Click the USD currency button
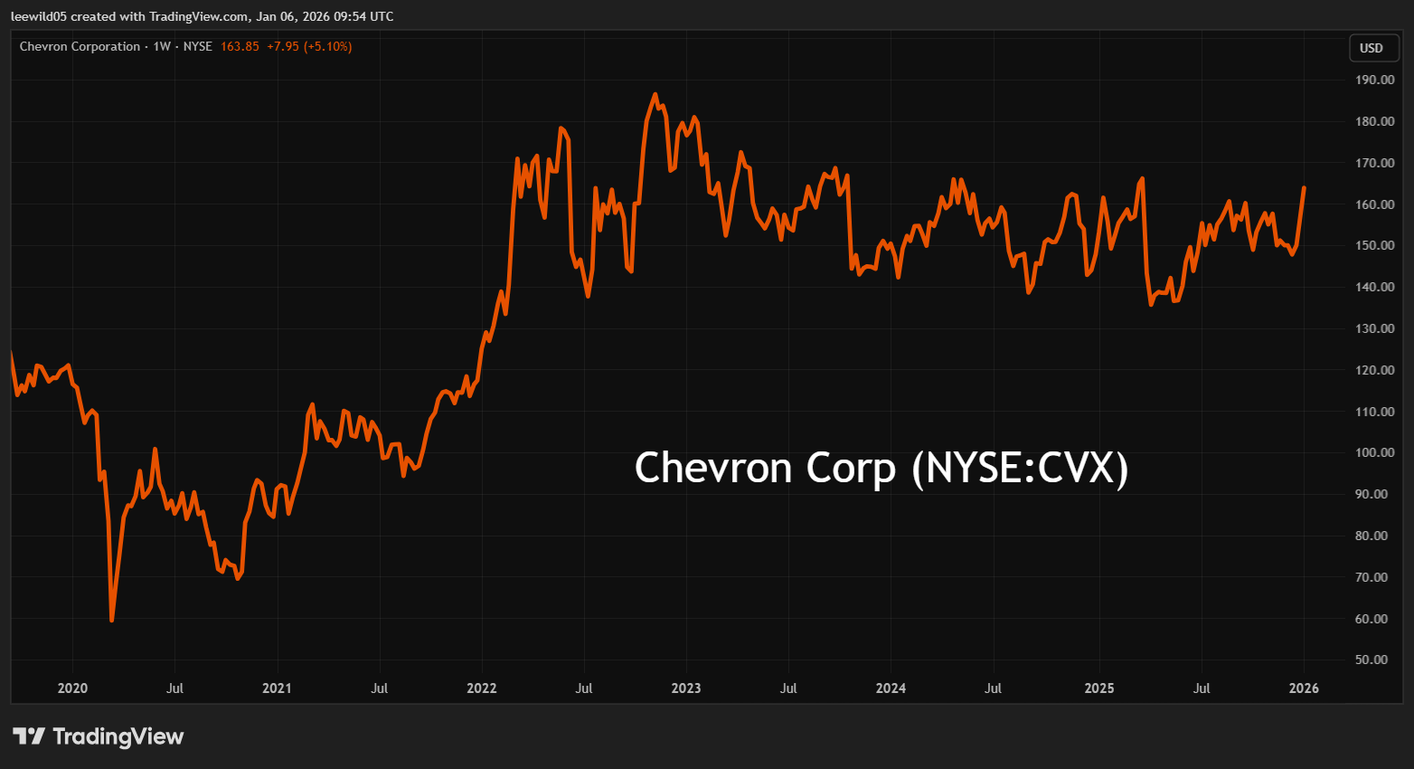point(1372,48)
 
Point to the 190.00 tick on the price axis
point(1374,80)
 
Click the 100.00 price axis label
point(1374,452)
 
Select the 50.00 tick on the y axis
point(1374,660)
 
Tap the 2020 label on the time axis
point(72,688)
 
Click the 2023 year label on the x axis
point(685,688)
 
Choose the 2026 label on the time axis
point(1303,688)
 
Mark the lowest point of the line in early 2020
point(111,620)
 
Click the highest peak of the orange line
point(655,94)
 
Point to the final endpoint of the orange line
point(1304,188)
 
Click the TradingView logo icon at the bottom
point(29,736)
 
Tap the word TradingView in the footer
point(118,736)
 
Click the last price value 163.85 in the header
point(240,46)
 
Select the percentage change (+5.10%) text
point(327,46)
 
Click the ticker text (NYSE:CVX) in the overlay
point(1020,468)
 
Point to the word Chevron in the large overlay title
point(713,468)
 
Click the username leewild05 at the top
point(39,16)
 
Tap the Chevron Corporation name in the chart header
point(80,46)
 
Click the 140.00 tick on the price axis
point(1374,287)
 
